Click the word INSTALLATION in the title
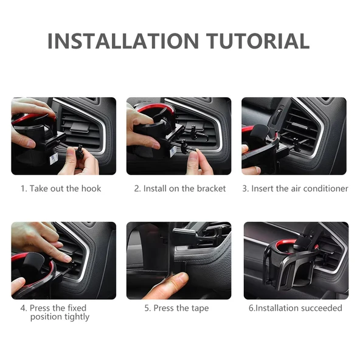click(123, 41)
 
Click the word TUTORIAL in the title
click(258, 41)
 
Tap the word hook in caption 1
click(91, 189)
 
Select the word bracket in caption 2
click(211, 189)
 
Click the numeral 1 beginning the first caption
click(23, 189)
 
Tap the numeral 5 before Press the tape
click(147, 308)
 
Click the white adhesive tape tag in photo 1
click(54, 159)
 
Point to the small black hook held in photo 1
click(80, 151)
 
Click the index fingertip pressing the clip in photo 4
click(67, 259)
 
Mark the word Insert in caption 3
click(263, 189)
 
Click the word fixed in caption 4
click(77, 308)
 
